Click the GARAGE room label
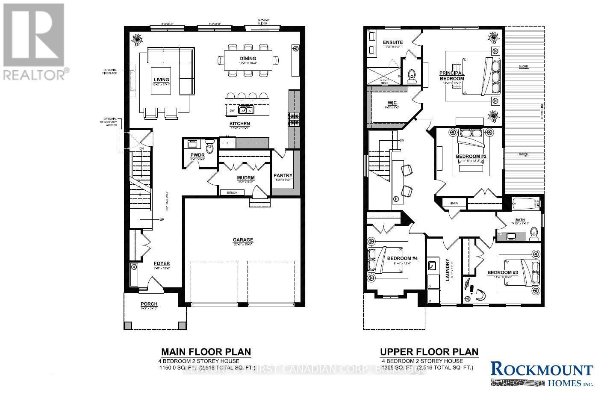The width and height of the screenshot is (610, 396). (x=243, y=240)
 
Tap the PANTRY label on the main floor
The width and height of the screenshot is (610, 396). (x=283, y=175)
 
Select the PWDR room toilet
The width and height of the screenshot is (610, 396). (x=209, y=148)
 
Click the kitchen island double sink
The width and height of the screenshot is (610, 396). (x=246, y=110)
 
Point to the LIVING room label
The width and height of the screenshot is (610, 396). (x=162, y=80)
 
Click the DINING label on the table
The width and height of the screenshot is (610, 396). (x=248, y=59)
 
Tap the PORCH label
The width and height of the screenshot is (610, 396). (x=149, y=304)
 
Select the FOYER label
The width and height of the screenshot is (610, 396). (x=162, y=263)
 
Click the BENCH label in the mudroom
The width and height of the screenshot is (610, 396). (x=232, y=193)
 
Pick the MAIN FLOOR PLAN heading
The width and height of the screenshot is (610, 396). (x=206, y=352)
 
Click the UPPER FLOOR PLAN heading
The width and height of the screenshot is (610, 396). (x=429, y=352)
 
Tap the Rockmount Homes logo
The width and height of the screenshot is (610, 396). (x=542, y=374)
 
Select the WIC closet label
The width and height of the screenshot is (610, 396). (x=392, y=103)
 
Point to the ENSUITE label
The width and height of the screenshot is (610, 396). (x=392, y=42)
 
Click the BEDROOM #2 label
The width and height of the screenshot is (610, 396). (x=471, y=157)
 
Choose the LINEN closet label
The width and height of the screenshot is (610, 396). (x=454, y=203)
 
